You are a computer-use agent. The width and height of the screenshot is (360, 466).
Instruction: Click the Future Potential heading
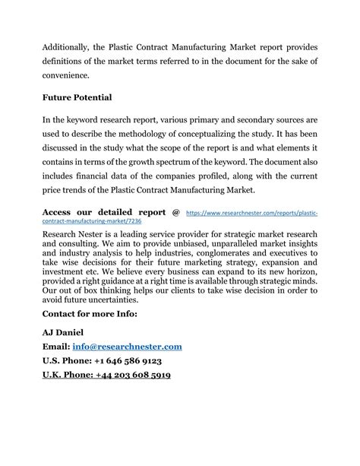tap(77, 97)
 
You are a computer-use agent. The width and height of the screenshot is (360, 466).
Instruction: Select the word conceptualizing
tap(235, 134)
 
